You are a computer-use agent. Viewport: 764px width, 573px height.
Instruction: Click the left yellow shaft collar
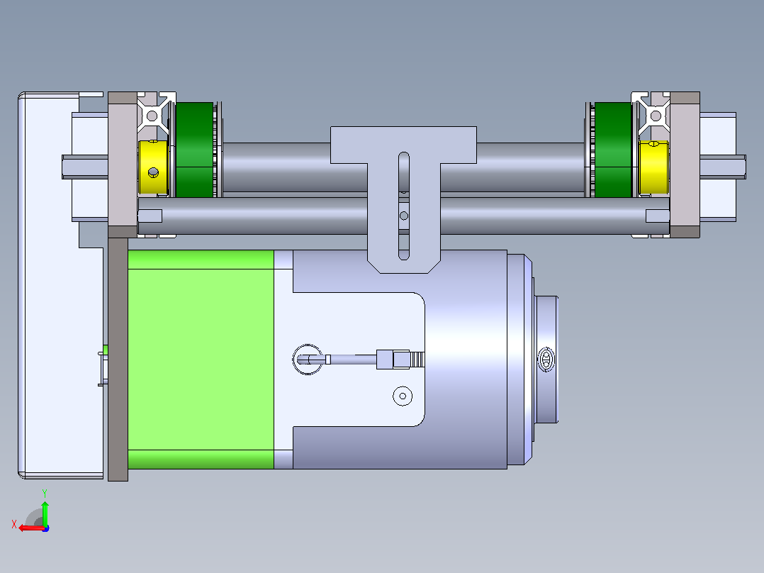coord(153,167)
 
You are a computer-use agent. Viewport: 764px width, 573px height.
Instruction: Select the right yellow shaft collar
coord(653,167)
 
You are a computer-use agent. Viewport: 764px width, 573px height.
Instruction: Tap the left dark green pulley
coord(194,150)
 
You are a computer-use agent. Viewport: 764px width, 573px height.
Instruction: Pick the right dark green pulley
coord(613,150)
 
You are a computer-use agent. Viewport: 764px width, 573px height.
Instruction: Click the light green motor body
coord(201,360)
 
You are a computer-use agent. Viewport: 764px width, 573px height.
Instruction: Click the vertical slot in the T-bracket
coord(404,206)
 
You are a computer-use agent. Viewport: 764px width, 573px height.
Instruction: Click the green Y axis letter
coord(45,494)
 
